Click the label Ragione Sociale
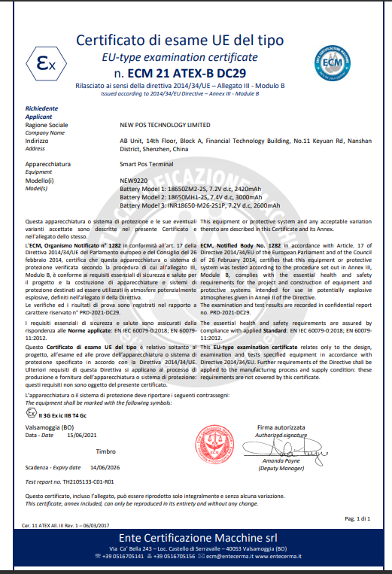(47, 124)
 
